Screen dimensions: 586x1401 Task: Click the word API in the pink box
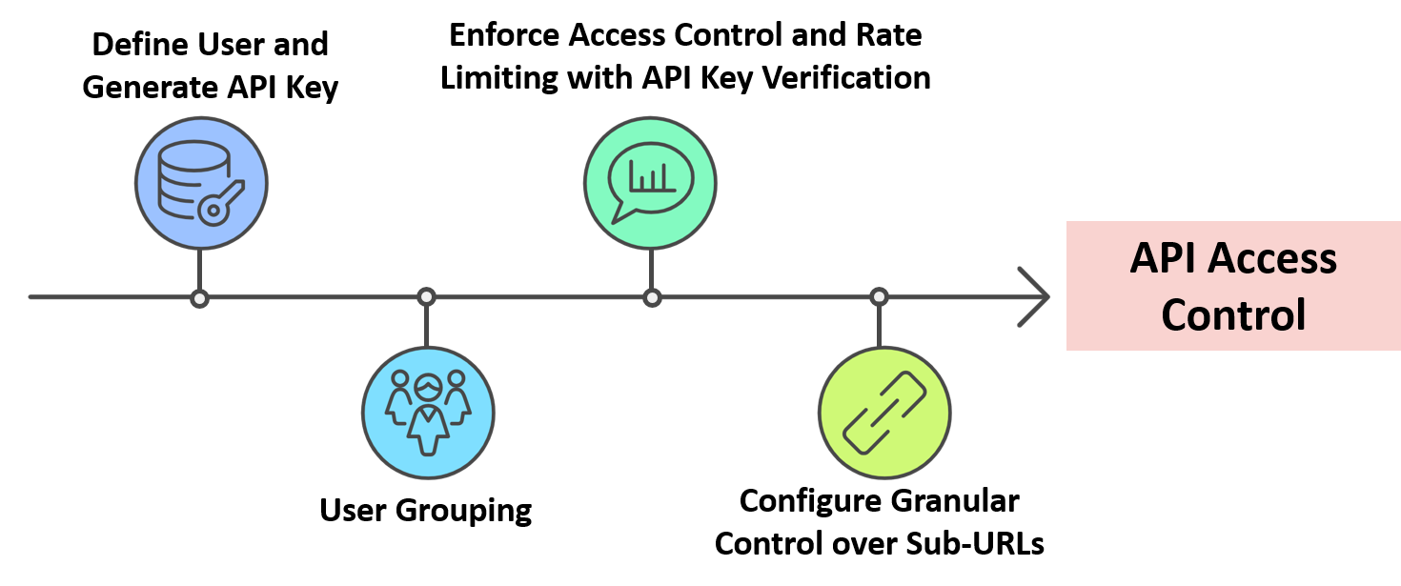(1162, 259)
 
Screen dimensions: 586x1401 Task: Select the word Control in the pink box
(1233, 314)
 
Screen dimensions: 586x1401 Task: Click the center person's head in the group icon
(428, 386)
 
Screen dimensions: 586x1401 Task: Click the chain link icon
(884, 412)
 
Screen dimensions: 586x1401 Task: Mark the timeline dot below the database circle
(199, 298)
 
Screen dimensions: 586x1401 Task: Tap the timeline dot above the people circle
(427, 297)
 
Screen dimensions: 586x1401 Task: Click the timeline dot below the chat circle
(652, 298)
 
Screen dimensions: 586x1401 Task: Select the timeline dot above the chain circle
(879, 297)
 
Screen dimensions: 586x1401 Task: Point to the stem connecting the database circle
(199, 270)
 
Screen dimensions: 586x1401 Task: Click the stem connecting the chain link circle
(879, 325)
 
